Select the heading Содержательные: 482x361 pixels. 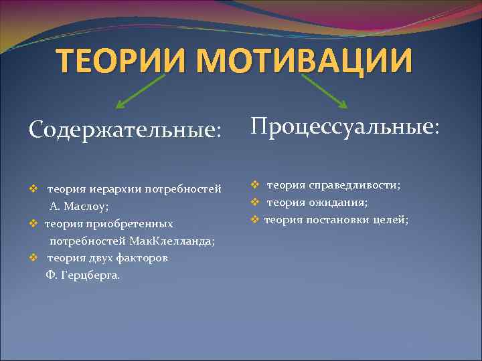point(125,128)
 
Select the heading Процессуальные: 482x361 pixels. point(345,126)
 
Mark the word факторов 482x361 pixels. point(141,258)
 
